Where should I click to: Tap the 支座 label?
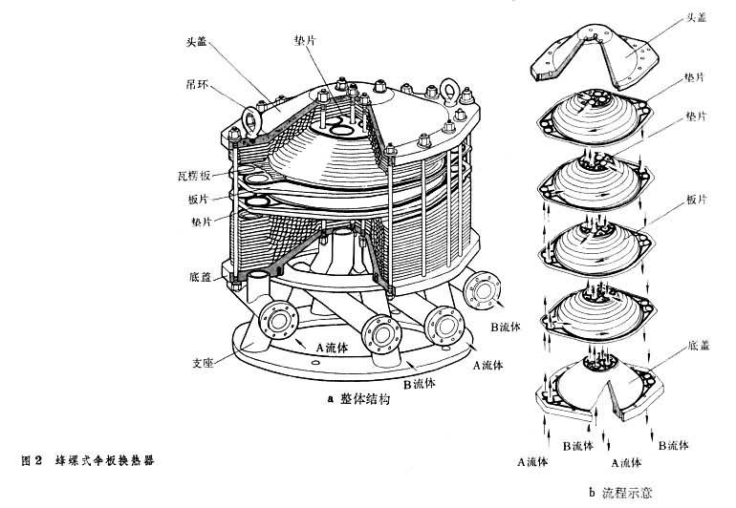tap(202, 364)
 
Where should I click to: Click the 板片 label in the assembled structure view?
tap(200, 199)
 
